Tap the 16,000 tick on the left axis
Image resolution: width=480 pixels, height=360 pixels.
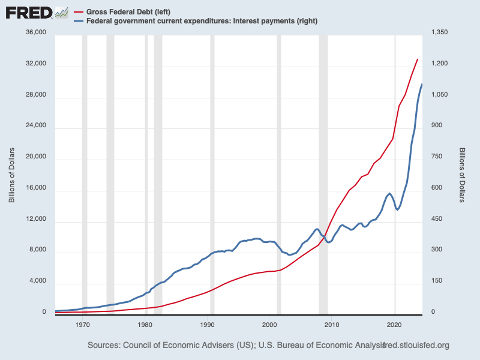point(34,190)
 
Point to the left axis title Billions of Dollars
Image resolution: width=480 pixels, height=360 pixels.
point(11,174)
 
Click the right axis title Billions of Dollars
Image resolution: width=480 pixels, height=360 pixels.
point(462,174)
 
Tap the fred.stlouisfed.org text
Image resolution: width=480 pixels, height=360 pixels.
point(416,346)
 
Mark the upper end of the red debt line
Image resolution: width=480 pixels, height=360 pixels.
point(418,59)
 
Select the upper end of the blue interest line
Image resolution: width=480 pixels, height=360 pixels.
point(422,84)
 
